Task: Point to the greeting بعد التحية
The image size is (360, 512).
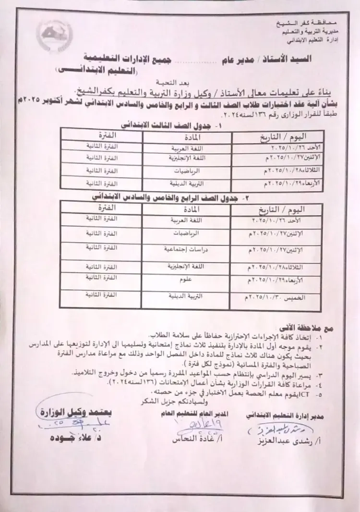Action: (x=184, y=82)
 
